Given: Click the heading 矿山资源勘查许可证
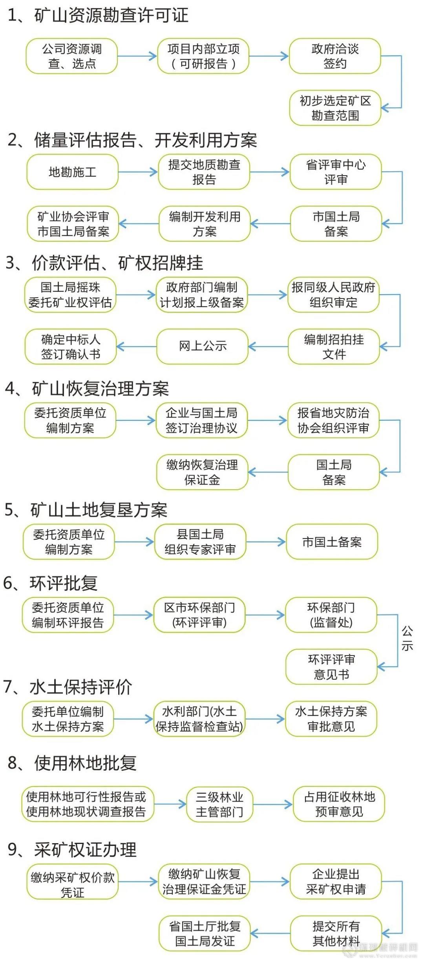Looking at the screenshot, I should point(98,16).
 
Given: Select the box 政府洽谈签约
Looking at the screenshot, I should point(335,56).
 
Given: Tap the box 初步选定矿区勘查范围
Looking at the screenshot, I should point(335,108).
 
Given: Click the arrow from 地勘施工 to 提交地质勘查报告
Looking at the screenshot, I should point(138,172).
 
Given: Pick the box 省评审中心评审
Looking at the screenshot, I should point(336,172).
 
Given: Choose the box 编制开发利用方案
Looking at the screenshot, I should point(205,224).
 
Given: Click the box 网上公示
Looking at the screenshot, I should point(203,346).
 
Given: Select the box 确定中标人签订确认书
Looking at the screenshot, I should point(71,346).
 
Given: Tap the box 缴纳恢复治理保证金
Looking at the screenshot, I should point(202,472).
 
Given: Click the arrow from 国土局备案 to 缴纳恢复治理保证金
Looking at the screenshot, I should point(268,472).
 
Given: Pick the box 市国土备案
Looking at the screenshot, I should point(332,542).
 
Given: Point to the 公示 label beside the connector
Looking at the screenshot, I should point(407,638).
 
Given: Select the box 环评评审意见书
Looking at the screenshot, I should point(331,667).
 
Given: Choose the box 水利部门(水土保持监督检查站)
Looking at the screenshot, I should point(199,719).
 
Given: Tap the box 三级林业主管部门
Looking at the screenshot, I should point(219,804).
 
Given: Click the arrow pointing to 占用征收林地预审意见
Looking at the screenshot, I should point(273,804).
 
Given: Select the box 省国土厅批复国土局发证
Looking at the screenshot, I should point(205,934).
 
